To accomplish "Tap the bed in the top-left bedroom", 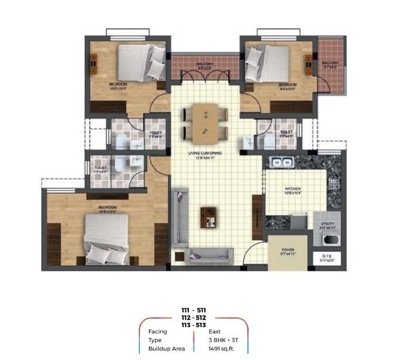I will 142,61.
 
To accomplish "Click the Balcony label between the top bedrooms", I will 205,63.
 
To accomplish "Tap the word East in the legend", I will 215,330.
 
